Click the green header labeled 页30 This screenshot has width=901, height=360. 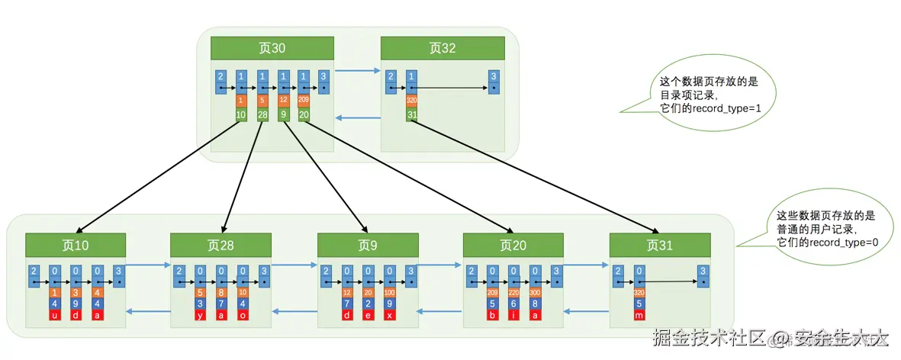272,48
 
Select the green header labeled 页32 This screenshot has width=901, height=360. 442,48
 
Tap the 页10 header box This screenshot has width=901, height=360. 76,245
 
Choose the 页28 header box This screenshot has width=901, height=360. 221,245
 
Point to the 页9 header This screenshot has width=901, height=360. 368,245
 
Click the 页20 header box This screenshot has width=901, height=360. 513,245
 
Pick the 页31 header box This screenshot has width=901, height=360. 660,245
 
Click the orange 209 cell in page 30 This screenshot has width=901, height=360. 304,99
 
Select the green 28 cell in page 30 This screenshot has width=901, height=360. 262,114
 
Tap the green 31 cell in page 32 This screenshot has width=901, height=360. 412,114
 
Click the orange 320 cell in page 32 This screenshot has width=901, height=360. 412,99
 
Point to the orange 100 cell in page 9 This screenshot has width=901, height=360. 389,291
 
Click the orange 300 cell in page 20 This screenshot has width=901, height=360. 535,291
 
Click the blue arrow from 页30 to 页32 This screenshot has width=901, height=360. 357,71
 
